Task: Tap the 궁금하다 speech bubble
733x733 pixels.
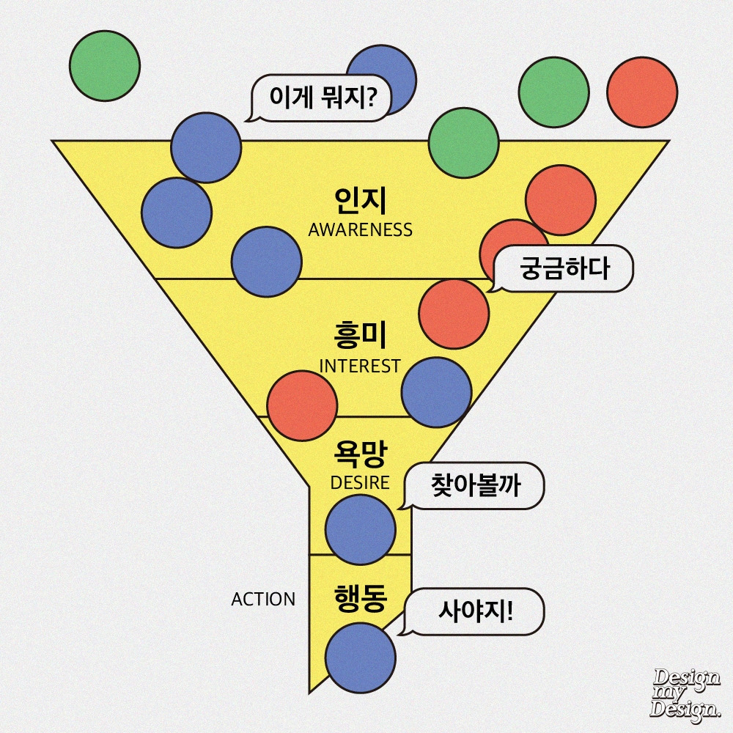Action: click(x=564, y=270)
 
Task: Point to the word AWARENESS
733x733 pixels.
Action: click(x=360, y=229)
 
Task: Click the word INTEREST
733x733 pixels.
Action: click(x=360, y=366)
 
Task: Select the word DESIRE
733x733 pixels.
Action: click(x=360, y=483)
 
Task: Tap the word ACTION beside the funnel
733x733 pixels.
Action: click(x=263, y=599)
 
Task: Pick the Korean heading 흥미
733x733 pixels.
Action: click(x=359, y=337)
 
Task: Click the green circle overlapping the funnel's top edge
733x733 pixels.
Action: click(x=463, y=143)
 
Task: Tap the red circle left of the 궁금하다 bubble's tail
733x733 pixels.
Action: click(x=454, y=313)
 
